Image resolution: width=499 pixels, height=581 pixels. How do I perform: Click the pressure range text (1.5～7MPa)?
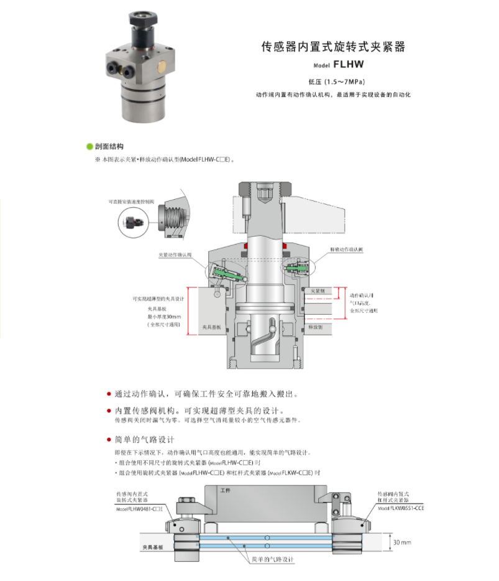(336, 81)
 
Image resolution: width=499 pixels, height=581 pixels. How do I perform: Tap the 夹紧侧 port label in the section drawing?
(318, 290)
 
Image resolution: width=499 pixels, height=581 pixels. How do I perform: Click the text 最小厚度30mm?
(162, 316)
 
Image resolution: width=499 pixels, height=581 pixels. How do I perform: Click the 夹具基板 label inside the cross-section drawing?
(213, 326)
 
